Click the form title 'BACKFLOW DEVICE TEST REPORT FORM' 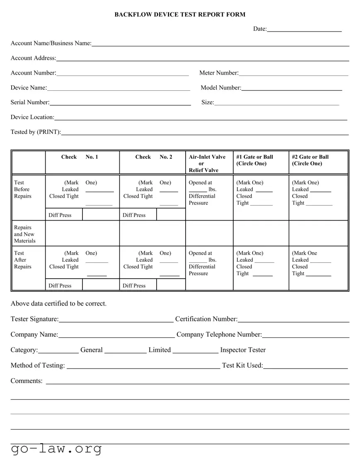[x=180, y=15]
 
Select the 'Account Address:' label [x=33, y=58]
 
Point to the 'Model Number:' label [x=221, y=87]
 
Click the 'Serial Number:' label [x=30, y=102]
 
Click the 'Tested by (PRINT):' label [x=36, y=132]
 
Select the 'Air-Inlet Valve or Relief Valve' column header [x=207, y=163]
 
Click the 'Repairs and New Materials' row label [x=25, y=234]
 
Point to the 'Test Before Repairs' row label [x=22, y=189]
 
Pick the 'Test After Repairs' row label [x=22, y=260]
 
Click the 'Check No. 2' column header [x=153, y=157]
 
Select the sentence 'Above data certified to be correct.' [x=58, y=303]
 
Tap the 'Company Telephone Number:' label [x=219, y=335]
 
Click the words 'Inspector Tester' [x=243, y=350]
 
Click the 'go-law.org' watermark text [x=56, y=449]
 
